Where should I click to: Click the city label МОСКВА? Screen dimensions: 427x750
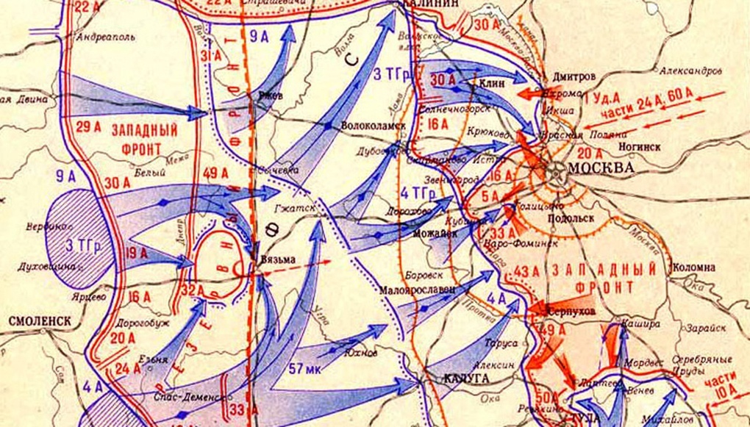pos(603,168)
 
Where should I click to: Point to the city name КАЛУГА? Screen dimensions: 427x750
pos(468,377)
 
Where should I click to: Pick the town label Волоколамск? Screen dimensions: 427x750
pos(374,125)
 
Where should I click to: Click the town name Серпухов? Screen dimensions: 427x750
pos(571,312)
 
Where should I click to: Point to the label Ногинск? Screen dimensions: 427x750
pos(639,146)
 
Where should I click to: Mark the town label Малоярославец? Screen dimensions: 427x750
pos(416,289)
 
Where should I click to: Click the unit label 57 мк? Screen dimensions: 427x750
pos(307,366)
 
